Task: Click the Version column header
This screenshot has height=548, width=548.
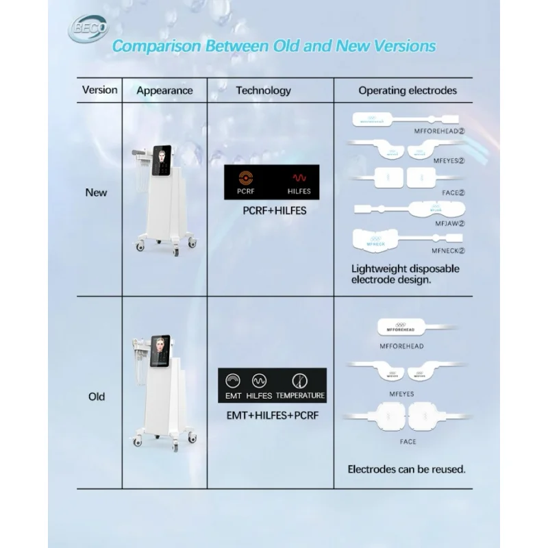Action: tap(100, 90)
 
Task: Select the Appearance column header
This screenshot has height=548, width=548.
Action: tap(164, 90)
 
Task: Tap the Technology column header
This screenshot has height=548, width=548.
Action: tap(263, 90)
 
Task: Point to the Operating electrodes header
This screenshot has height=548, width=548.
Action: tap(408, 90)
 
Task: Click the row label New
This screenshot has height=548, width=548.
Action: tap(96, 192)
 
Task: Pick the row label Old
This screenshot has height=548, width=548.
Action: tap(97, 397)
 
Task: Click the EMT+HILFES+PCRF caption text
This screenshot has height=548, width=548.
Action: tap(273, 414)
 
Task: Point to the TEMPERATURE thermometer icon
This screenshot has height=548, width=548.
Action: tap(299, 380)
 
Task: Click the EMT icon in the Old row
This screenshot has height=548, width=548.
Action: tap(233, 380)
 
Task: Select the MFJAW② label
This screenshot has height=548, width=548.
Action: tap(449, 223)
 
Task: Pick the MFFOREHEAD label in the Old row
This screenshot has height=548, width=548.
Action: tap(401, 346)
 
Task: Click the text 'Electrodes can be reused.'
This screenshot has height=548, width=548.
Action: tap(407, 470)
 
